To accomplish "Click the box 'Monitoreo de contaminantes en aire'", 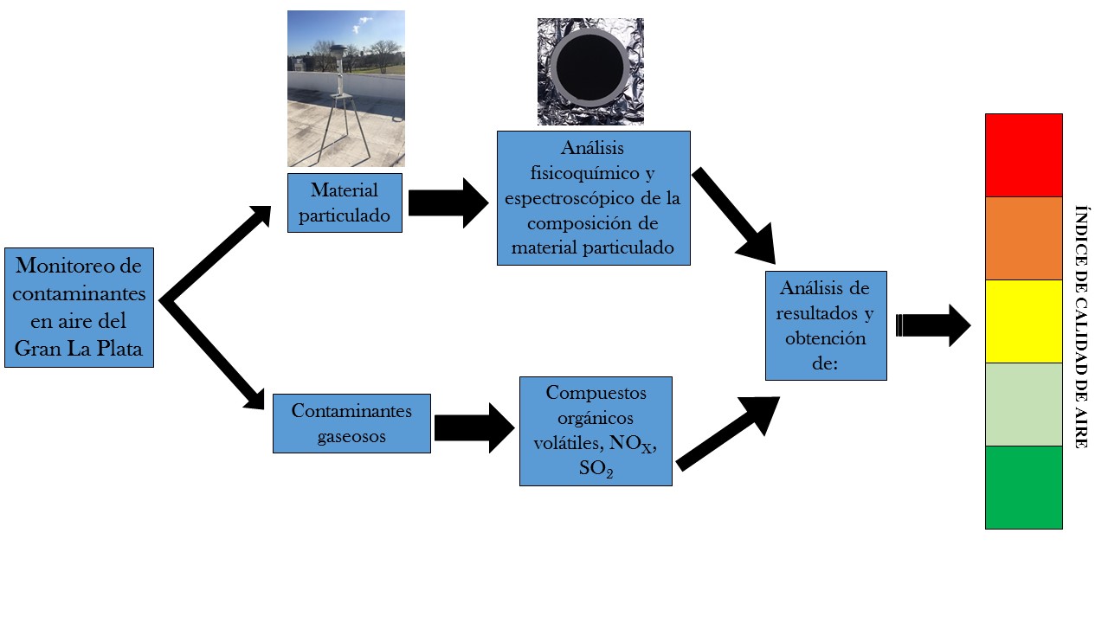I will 79,307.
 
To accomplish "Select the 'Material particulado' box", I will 345,202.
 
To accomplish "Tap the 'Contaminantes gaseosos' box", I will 351,423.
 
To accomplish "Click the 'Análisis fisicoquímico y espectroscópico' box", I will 593,198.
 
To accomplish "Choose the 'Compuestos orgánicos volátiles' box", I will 596,430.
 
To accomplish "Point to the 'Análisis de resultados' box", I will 826,325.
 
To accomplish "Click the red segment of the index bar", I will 1023,155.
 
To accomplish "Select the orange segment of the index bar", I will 1023,238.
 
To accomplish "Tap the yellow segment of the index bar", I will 1023,321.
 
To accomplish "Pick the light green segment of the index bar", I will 1023,404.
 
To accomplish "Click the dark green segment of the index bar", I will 1023,487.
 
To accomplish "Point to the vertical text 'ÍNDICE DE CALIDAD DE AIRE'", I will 1080,326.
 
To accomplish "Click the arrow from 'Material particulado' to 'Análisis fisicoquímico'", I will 448,203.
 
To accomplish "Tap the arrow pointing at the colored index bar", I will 934,325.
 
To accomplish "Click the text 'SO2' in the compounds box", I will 596,470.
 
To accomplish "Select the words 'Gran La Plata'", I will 79,350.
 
